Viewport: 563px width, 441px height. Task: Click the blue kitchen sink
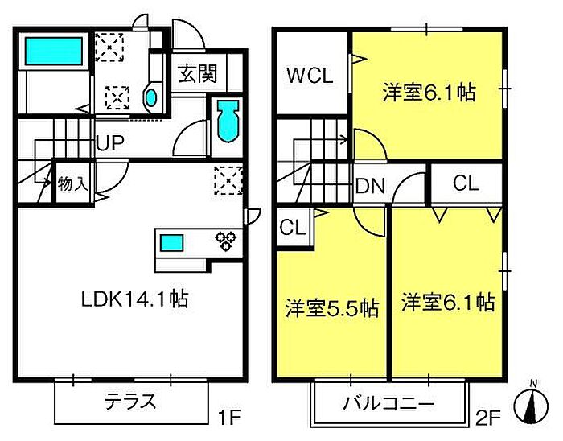(171, 241)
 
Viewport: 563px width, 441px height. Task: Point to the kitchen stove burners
(224, 241)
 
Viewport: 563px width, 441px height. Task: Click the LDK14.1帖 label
(134, 299)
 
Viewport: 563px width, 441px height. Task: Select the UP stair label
(109, 143)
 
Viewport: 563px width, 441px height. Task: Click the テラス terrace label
(129, 401)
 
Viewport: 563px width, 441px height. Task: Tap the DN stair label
(371, 187)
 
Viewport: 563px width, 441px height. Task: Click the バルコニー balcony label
(390, 402)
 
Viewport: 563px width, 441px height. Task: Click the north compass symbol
(531, 402)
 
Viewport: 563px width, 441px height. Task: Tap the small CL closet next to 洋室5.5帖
(293, 227)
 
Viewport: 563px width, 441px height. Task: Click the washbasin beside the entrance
(150, 99)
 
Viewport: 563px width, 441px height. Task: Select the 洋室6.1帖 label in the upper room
(428, 93)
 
